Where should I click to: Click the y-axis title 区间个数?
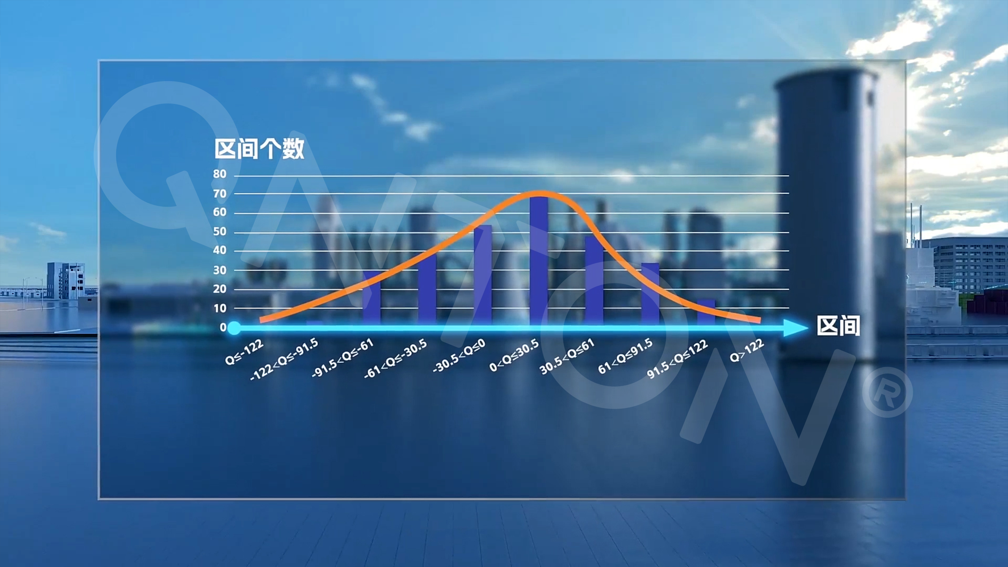[x=259, y=149]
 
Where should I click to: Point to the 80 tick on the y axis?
[x=220, y=174]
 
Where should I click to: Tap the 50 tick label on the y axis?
[x=220, y=232]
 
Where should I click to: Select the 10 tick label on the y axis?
[x=220, y=308]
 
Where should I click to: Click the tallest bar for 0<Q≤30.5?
[x=539, y=260]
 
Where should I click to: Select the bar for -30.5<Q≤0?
[x=483, y=275]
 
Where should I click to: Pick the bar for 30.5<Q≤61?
[x=594, y=280]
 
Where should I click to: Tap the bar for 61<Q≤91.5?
[x=650, y=294]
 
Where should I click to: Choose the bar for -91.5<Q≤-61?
[x=372, y=298]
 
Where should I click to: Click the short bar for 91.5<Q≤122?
[x=706, y=312]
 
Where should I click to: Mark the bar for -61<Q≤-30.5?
[x=427, y=289]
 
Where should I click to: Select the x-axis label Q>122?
[x=747, y=350]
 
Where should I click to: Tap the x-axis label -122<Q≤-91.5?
[x=284, y=359]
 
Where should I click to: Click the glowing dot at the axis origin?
[x=234, y=328]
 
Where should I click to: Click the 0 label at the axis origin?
[x=223, y=327]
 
